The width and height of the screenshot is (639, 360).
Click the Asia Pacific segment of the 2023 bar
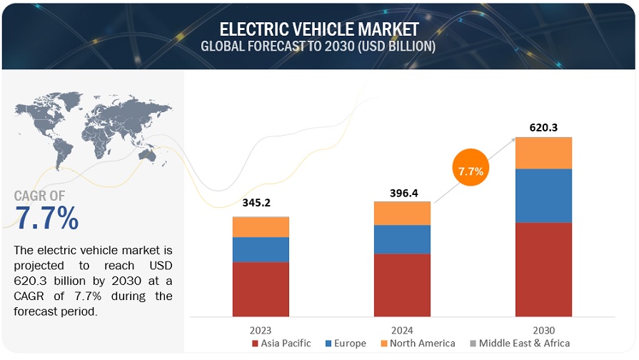[x=261, y=289]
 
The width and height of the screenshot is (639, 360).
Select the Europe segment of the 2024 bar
[x=402, y=239]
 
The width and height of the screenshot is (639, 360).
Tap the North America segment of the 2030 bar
[x=543, y=153]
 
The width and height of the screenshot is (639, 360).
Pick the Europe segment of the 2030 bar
[x=543, y=196]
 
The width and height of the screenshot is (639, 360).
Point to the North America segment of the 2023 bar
[x=261, y=226]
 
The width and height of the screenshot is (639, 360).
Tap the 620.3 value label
[x=543, y=128]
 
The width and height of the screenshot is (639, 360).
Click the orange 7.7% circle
[x=471, y=171]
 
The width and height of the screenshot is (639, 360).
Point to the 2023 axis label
[x=261, y=329]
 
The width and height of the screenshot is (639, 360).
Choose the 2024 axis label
[x=402, y=329]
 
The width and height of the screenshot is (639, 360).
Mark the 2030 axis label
[x=543, y=329]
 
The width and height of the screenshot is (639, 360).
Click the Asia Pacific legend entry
[x=281, y=344]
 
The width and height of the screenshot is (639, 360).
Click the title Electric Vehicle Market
[x=319, y=29]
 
